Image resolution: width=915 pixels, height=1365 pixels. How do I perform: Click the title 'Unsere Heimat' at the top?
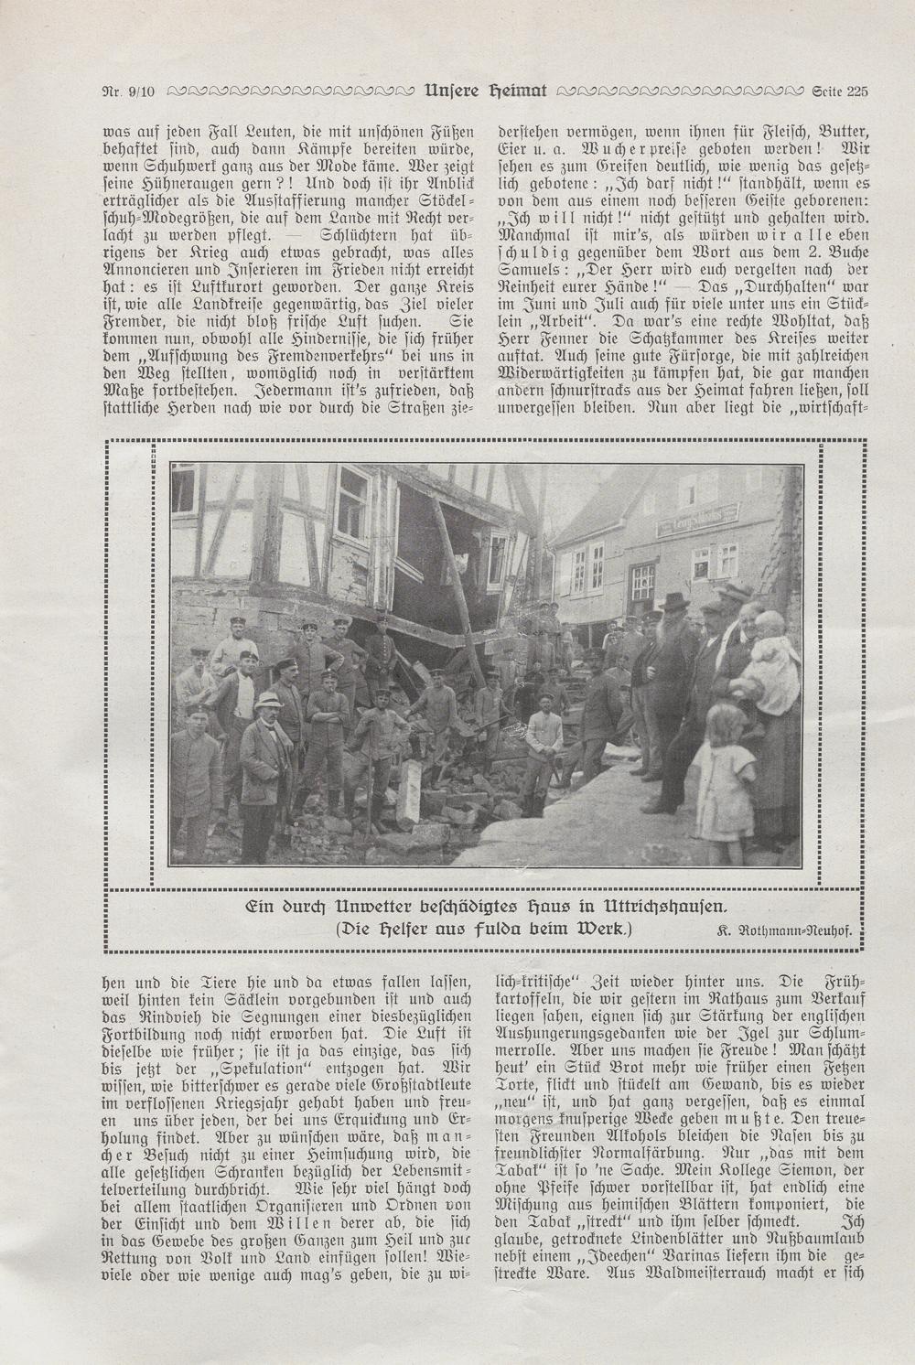486,90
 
